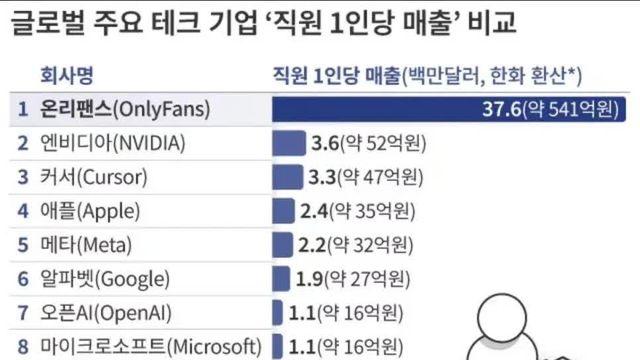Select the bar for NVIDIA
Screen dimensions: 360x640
tap(289, 143)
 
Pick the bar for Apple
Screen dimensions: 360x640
tap(284, 211)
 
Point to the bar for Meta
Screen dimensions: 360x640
tap(283, 245)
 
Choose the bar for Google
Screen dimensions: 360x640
tap(281, 278)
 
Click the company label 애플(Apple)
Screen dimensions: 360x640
tap(92, 211)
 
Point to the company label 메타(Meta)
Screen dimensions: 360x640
tap(88, 245)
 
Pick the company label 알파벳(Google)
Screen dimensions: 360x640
tap(106, 278)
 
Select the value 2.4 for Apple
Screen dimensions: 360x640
tap(314, 211)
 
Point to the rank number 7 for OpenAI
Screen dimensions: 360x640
tap(23, 312)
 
